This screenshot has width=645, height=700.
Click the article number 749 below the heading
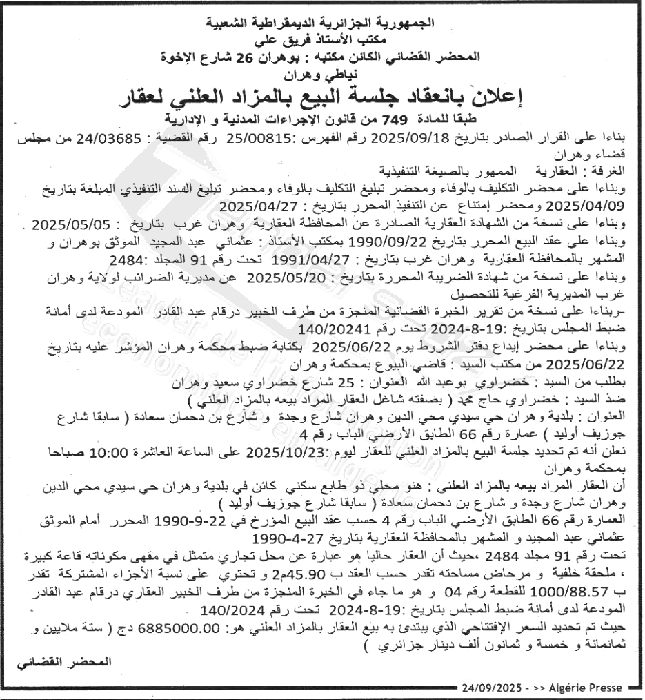[401, 119]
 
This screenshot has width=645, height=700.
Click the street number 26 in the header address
[277, 57]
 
